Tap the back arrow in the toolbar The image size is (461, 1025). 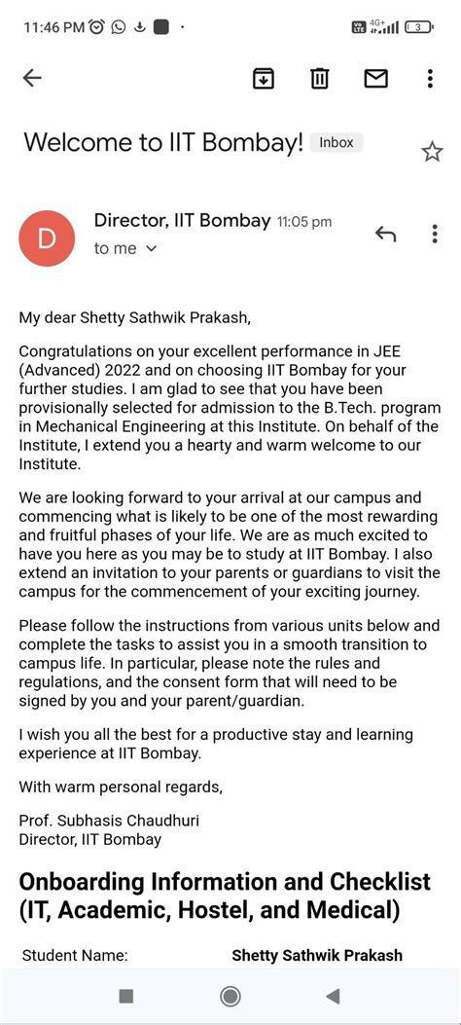point(32,79)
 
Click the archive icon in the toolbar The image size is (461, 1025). point(263,79)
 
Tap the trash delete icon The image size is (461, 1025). point(319,79)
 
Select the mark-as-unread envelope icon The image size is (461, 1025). point(375,79)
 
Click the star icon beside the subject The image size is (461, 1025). point(432,151)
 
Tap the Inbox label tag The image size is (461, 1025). point(337,142)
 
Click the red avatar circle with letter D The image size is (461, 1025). point(47,237)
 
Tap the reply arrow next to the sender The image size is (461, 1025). point(385,234)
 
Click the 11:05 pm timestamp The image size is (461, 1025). point(304,222)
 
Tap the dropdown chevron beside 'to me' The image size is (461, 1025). point(151,249)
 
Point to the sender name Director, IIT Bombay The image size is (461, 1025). point(182,221)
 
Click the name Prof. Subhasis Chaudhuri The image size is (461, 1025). point(109,821)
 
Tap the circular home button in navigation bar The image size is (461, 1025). point(230,995)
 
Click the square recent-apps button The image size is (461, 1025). point(125,995)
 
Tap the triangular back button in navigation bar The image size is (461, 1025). point(333,995)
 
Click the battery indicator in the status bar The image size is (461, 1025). point(419,27)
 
